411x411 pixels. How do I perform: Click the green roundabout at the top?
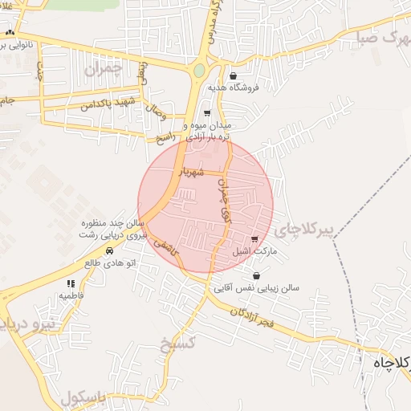click(x=198, y=71)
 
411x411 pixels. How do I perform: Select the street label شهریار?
click(x=191, y=171)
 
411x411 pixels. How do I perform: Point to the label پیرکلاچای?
click(x=303, y=230)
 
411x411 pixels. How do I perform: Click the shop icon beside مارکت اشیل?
click(x=254, y=238)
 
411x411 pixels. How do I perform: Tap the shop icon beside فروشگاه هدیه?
click(x=233, y=75)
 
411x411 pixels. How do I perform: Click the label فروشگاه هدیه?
click(x=256, y=87)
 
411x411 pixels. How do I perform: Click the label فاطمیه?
click(x=71, y=295)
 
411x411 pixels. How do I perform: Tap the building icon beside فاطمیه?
click(x=71, y=283)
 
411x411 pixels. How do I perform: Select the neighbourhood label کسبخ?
click(x=177, y=344)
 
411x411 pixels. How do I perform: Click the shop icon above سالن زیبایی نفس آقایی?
click(x=256, y=275)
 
